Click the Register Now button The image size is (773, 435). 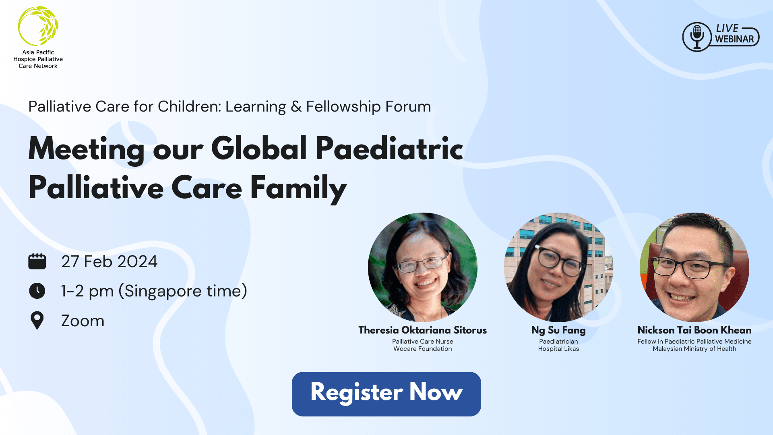pyautogui.click(x=386, y=394)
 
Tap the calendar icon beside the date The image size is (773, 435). pyautogui.click(x=37, y=261)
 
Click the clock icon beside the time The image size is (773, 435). pyautogui.click(x=37, y=291)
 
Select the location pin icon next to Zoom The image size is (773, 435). pyautogui.click(x=37, y=321)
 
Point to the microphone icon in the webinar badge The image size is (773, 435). pyautogui.click(x=697, y=36)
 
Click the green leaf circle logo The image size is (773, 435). pyautogui.click(x=38, y=26)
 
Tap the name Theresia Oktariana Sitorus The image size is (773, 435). pyautogui.click(x=423, y=330)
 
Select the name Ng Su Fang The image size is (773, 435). pyautogui.click(x=558, y=330)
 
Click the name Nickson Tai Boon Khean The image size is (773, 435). pyautogui.click(x=694, y=330)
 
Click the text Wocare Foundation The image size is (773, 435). pyautogui.click(x=423, y=349)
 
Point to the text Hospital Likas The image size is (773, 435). pyautogui.click(x=558, y=349)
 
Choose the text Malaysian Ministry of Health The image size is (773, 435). pyautogui.click(x=694, y=349)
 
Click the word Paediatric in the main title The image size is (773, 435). pyautogui.click(x=389, y=149)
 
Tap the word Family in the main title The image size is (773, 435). pyautogui.click(x=298, y=188)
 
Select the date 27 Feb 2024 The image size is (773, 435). pyautogui.click(x=110, y=262)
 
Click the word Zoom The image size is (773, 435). pyautogui.click(x=83, y=321)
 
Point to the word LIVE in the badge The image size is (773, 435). pyautogui.click(x=727, y=29)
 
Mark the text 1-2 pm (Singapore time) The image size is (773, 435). pyautogui.click(x=154, y=291)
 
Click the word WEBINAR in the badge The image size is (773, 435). pyautogui.click(x=734, y=39)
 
